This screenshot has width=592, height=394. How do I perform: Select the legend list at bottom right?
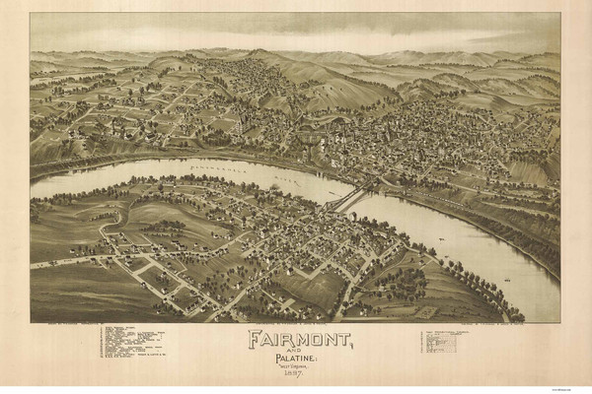449,342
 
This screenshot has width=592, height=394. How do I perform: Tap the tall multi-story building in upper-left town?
240,125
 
